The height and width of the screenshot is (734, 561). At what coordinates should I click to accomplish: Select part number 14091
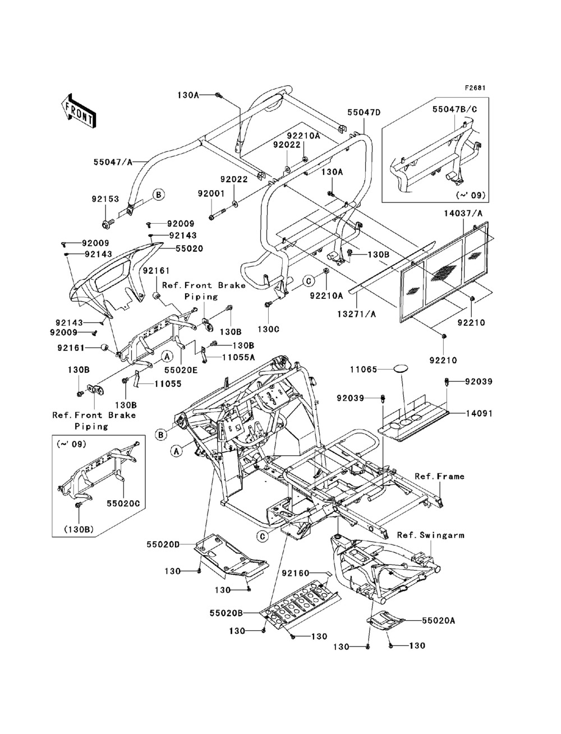coord(480,413)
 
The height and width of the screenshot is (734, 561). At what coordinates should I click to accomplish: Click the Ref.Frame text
coord(440,476)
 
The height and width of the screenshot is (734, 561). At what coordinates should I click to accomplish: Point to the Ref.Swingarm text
coord(431,535)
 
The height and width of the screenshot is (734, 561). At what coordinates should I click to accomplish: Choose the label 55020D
coord(163,544)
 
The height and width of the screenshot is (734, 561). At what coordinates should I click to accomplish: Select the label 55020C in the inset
coord(123,503)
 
